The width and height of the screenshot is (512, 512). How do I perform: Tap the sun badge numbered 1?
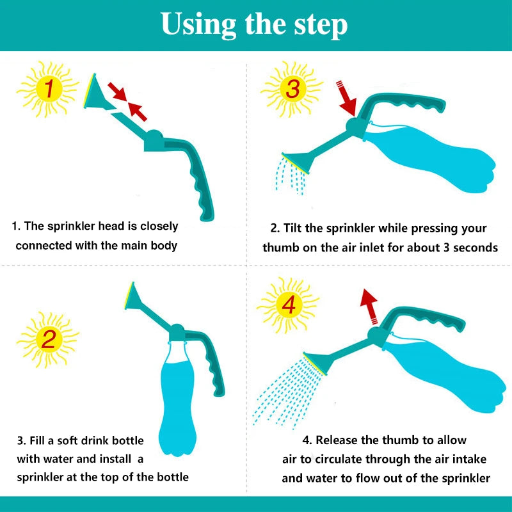click(47, 89)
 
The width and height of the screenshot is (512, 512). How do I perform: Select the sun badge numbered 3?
click(291, 89)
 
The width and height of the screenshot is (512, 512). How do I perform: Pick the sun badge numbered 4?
click(288, 305)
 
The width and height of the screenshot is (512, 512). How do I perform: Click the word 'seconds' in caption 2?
click(474, 247)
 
